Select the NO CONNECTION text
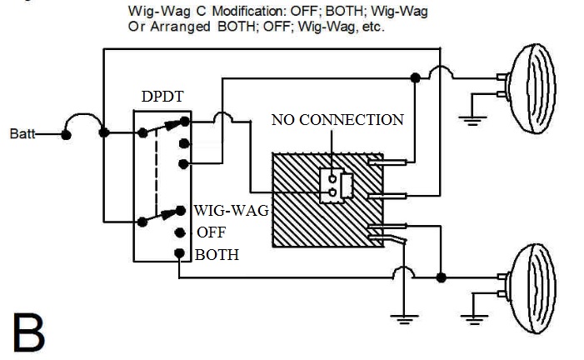pos(337,120)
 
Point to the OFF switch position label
pos(212,232)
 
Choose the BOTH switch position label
pos(217,254)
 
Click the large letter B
pos(27,331)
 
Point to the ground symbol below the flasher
pos(404,317)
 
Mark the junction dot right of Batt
pos(103,133)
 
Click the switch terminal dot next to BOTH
pos(178,253)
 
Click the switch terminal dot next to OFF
pos(178,233)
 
